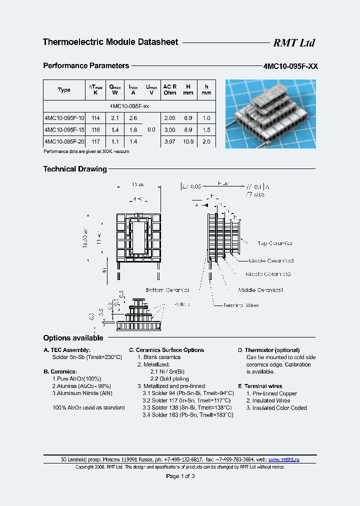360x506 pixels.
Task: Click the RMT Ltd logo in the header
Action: [x=293, y=43]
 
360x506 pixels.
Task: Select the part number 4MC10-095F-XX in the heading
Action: [x=290, y=66]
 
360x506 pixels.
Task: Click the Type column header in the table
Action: [x=64, y=90]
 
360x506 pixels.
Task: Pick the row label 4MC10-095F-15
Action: [x=64, y=130]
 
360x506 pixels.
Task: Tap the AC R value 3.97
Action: [x=169, y=142]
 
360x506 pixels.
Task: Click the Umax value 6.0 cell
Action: [x=151, y=130]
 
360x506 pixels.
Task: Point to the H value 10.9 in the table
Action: [x=188, y=142]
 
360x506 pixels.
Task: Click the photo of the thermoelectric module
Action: [x=270, y=113]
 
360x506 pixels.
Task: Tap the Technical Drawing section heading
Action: [x=75, y=169]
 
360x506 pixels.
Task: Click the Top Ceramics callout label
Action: [x=274, y=243]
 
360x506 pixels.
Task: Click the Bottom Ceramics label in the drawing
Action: [x=167, y=290]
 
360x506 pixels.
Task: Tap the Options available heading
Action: [x=73, y=338]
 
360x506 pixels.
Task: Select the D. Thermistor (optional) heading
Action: [x=268, y=350]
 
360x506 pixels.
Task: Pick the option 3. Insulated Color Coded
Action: [x=276, y=408]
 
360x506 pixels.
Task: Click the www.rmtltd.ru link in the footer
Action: [x=283, y=459]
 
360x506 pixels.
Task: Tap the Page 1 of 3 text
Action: [x=180, y=476]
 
